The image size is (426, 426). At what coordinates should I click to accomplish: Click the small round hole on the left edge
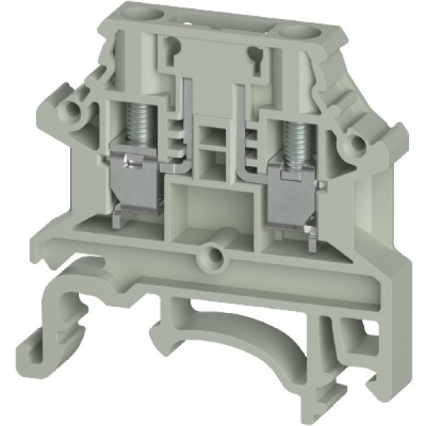coord(71,109)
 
